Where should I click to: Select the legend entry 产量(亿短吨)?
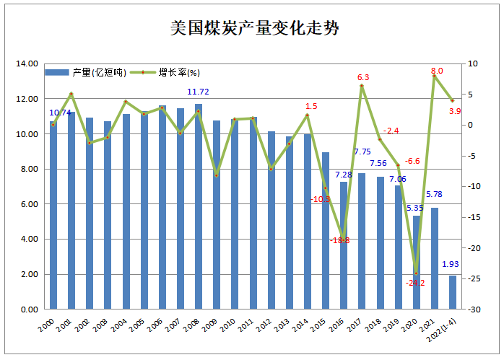(x=87, y=73)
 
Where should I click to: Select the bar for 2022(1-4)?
(x=453, y=292)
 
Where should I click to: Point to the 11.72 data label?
(x=199, y=92)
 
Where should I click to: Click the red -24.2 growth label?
(x=415, y=283)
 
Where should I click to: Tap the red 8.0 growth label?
(x=437, y=71)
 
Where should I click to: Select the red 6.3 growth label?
(x=363, y=77)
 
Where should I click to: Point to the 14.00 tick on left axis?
(x=27, y=63)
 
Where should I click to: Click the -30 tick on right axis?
(x=474, y=309)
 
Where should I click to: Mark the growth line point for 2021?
(x=435, y=76)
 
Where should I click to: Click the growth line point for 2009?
(x=217, y=175)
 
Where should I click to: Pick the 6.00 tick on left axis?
(x=30, y=204)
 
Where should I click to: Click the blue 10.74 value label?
(x=60, y=113)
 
